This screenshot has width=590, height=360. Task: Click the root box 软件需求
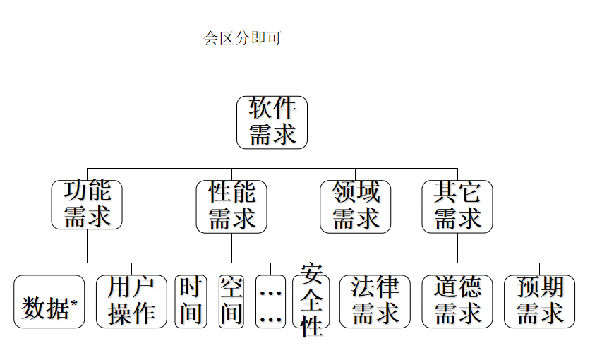[x=272, y=122]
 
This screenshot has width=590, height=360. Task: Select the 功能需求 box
[x=87, y=204]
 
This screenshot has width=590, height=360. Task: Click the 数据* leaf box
[x=49, y=302]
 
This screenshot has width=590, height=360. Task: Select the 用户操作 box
[x=131, y=302]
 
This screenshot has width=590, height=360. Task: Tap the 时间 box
[x=191, y=302]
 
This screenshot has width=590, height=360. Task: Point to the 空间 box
[x=231, y=302]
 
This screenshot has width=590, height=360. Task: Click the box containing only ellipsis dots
[x=271, y=302]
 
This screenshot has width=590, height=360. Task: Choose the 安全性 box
[x=311, y=301]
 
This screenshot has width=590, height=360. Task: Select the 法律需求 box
[x=375, y=302]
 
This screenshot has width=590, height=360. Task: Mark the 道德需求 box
[x=457, y=302]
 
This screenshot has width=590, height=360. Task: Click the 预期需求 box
[x=540, y=302]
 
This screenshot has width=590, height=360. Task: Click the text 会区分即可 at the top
[x=242, y=38]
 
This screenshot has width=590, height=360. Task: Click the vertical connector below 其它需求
[x=457, y=247]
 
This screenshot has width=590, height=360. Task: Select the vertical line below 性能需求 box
[x=231, y=247]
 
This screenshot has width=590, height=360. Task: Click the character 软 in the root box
[x=260, y=109]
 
